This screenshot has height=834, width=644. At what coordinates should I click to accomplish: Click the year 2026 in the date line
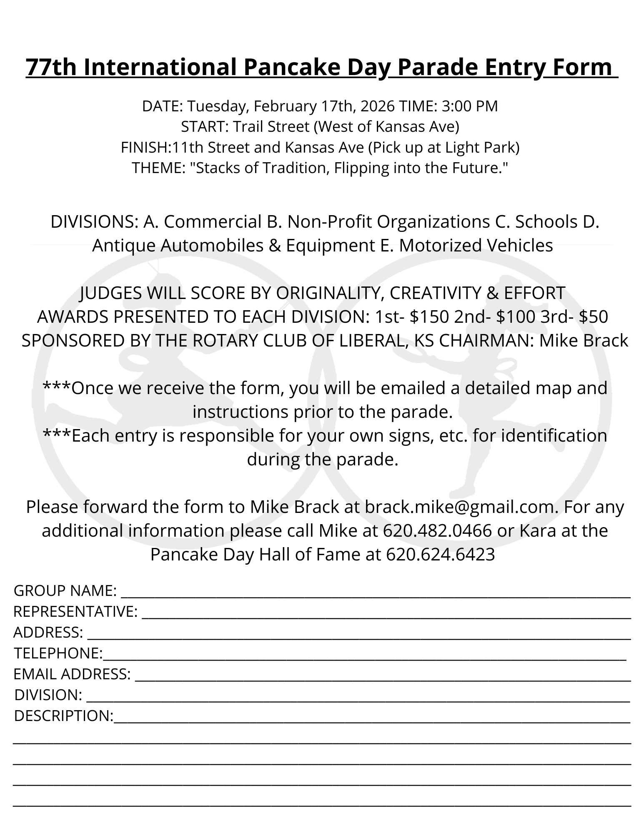pyautogui.click(x=377, y=106)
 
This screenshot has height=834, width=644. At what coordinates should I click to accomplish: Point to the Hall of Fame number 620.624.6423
pyautogui.click(x=441, y=555)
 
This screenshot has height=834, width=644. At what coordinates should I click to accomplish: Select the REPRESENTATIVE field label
pyautogui.click(x=75, y=612)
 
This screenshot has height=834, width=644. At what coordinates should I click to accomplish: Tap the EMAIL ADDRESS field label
pyautogui.click(x=72, y=674)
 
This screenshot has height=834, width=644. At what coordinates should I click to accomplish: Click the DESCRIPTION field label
pyautogui.click(x=63, y=716)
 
